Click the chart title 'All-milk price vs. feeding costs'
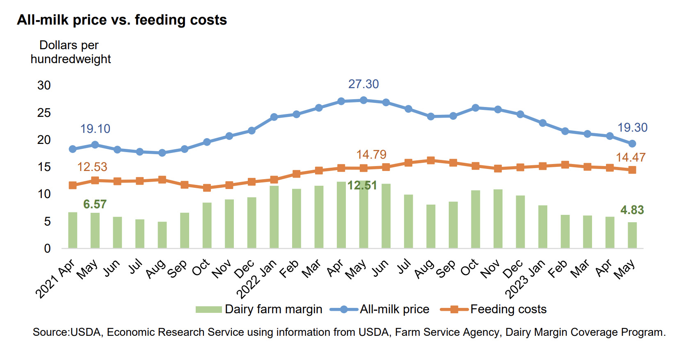coord(122,20)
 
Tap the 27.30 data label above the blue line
coord(364,84)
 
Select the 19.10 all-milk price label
coord(95,129)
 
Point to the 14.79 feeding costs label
coord(371,155)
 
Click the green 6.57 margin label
coord(95,204)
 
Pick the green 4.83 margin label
coord(632,210)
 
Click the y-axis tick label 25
coord(44,113)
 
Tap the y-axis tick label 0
coord(47,248)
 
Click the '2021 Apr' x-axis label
coord(55,279)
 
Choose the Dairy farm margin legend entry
coord(259,309)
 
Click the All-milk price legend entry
coord(380,309)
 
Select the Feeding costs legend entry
coord(493,309)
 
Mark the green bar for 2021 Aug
coord(162,235)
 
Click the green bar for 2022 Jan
coord(274,217)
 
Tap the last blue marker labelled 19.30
coord(632,144)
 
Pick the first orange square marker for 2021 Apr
coord(73,185)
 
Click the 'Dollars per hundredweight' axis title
coord(70,52)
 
